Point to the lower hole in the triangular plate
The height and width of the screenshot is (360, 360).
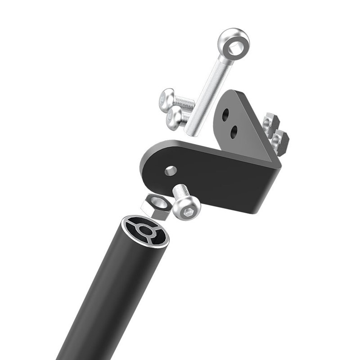pyautogui.click(x=234, y=132)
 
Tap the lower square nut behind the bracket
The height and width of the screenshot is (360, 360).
pyautogui.click(x=280, y=141)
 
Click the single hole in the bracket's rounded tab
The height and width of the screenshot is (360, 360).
pyautogui.click(x=171, y=171)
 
